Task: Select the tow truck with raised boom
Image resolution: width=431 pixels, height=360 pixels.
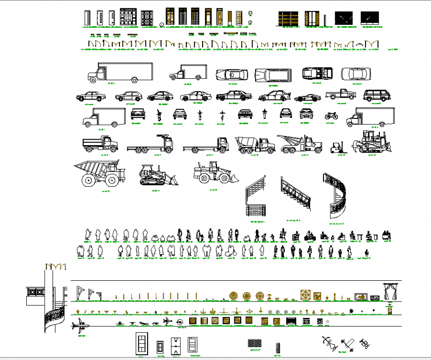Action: tap(299, 143)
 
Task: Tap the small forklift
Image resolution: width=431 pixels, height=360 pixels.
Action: tap(339, 146)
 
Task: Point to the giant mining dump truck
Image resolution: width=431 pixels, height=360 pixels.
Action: tap(99, 173)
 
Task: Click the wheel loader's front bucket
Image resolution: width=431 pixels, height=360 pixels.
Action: tap(232, 177)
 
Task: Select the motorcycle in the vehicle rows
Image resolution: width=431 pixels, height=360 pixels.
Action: tap(331, 116)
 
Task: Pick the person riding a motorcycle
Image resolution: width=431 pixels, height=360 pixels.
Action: tap(311, 236)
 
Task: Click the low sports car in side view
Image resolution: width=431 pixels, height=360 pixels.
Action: tap(305, 98)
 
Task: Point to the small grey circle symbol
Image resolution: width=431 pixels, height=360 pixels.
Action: tap(327, 322)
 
